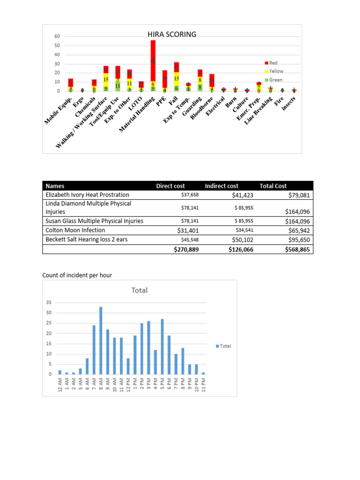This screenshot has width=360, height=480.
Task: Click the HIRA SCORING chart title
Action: [172, 34]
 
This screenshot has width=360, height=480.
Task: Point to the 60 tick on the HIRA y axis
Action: [57, 37]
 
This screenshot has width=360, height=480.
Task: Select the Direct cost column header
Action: [170, 186]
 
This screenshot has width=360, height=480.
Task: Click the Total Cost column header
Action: [273, 186]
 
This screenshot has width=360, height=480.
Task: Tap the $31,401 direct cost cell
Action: [188, 230]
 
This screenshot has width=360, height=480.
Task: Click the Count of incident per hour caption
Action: [77, 275]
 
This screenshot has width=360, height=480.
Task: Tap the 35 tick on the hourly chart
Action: [49, 303]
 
